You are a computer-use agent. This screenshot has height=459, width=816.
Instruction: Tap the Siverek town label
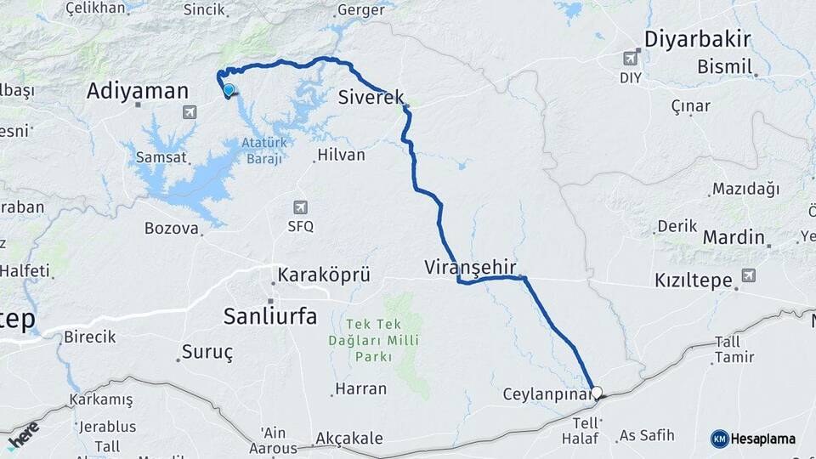[371, 96]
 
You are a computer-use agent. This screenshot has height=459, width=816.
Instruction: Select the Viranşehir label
[470, 267]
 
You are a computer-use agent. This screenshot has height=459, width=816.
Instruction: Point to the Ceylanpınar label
[545, 394]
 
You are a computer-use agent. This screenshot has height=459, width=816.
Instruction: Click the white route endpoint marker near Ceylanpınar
[597, 393]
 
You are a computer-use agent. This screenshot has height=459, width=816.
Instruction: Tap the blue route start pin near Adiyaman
[228, 90]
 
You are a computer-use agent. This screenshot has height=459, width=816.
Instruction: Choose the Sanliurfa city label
[269, 317]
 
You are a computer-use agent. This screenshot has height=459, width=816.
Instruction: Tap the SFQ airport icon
[300, 207]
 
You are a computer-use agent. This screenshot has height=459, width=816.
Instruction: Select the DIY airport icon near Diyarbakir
[630, 58]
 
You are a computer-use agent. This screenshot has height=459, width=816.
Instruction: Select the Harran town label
[360, 388]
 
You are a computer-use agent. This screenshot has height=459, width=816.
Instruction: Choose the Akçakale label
[348, 439]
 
